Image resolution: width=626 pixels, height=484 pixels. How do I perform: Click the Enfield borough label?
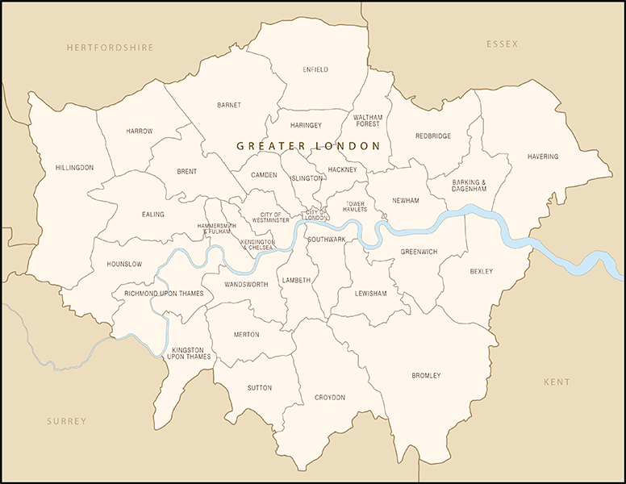[x=315, y=70]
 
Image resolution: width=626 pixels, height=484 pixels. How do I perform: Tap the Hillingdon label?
[x=74, y=168]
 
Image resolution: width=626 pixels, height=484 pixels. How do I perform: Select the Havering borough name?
[x=542, y=156]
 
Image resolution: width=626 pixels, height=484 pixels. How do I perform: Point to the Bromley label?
[x=426, y=376]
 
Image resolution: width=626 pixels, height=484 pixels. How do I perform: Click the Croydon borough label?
[x=330, y=398]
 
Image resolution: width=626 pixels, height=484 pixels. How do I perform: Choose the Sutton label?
[x=260, y=388]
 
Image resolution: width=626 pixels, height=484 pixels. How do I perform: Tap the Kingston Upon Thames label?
[x=189, y=353]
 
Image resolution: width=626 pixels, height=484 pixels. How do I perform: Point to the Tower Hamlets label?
[x=355, y=207]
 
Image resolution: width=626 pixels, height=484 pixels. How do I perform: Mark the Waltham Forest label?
[x=368, y=121]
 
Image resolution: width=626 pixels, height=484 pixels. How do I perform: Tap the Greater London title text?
[x=307, y=146]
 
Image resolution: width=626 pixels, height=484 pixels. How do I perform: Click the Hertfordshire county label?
[x=110, y=48]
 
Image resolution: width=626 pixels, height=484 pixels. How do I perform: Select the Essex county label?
[x=502, y=44]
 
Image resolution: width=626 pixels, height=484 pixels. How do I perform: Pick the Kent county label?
[x=556, y=382]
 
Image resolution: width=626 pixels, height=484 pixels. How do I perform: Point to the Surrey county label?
[x=66, y=421]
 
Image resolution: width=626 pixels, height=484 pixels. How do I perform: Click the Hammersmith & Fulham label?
[x=216, y=229]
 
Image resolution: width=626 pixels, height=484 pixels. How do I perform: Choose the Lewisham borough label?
[x=370, y=294]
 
